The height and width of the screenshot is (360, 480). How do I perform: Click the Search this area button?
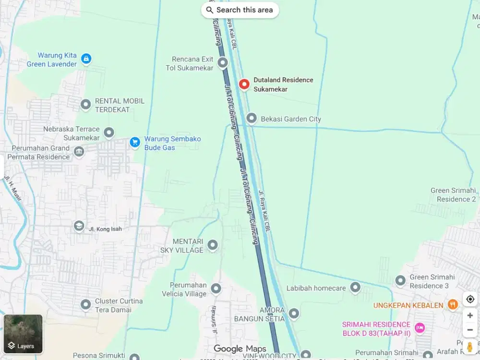[x=240, y=10]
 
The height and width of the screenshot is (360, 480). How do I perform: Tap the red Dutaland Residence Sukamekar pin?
[x=244, y=84]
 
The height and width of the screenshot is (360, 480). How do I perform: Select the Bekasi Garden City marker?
[x=252, y=118]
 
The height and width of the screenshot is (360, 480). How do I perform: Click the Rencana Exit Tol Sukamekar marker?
[x=222, y=62]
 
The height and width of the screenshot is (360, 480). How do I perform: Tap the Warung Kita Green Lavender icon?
[x=86, y=59]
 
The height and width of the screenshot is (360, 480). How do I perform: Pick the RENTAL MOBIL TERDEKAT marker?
[x=85, y=104]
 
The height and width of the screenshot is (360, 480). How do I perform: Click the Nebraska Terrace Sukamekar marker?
[x=109, y=132]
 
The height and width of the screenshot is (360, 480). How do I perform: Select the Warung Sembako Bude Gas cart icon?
[x=134, y=142]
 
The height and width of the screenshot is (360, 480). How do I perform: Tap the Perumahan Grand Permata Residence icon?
[x=79, y=152]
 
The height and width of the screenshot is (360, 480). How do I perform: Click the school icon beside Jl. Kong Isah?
[x=79, y=226]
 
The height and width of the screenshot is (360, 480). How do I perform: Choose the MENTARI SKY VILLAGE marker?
[x=212, y=246]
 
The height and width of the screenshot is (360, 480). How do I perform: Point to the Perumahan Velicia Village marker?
[x=216, y=288]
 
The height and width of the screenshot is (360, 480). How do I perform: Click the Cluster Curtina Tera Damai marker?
[x=85, y=304]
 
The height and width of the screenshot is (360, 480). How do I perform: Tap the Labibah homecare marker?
[x=355, y=288]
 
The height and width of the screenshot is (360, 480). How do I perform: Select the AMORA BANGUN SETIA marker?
[x=294, y=314]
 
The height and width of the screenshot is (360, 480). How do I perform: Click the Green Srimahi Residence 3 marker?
[x=400, y=280]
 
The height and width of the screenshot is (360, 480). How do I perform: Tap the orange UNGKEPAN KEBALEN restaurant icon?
[x=452, y=304]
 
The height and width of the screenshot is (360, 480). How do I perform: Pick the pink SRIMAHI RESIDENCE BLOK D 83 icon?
[x=420, y=328]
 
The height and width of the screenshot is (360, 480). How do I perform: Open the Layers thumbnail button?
[x=23, y=334]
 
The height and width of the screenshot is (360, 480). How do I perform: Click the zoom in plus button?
[x=470, y=315]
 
